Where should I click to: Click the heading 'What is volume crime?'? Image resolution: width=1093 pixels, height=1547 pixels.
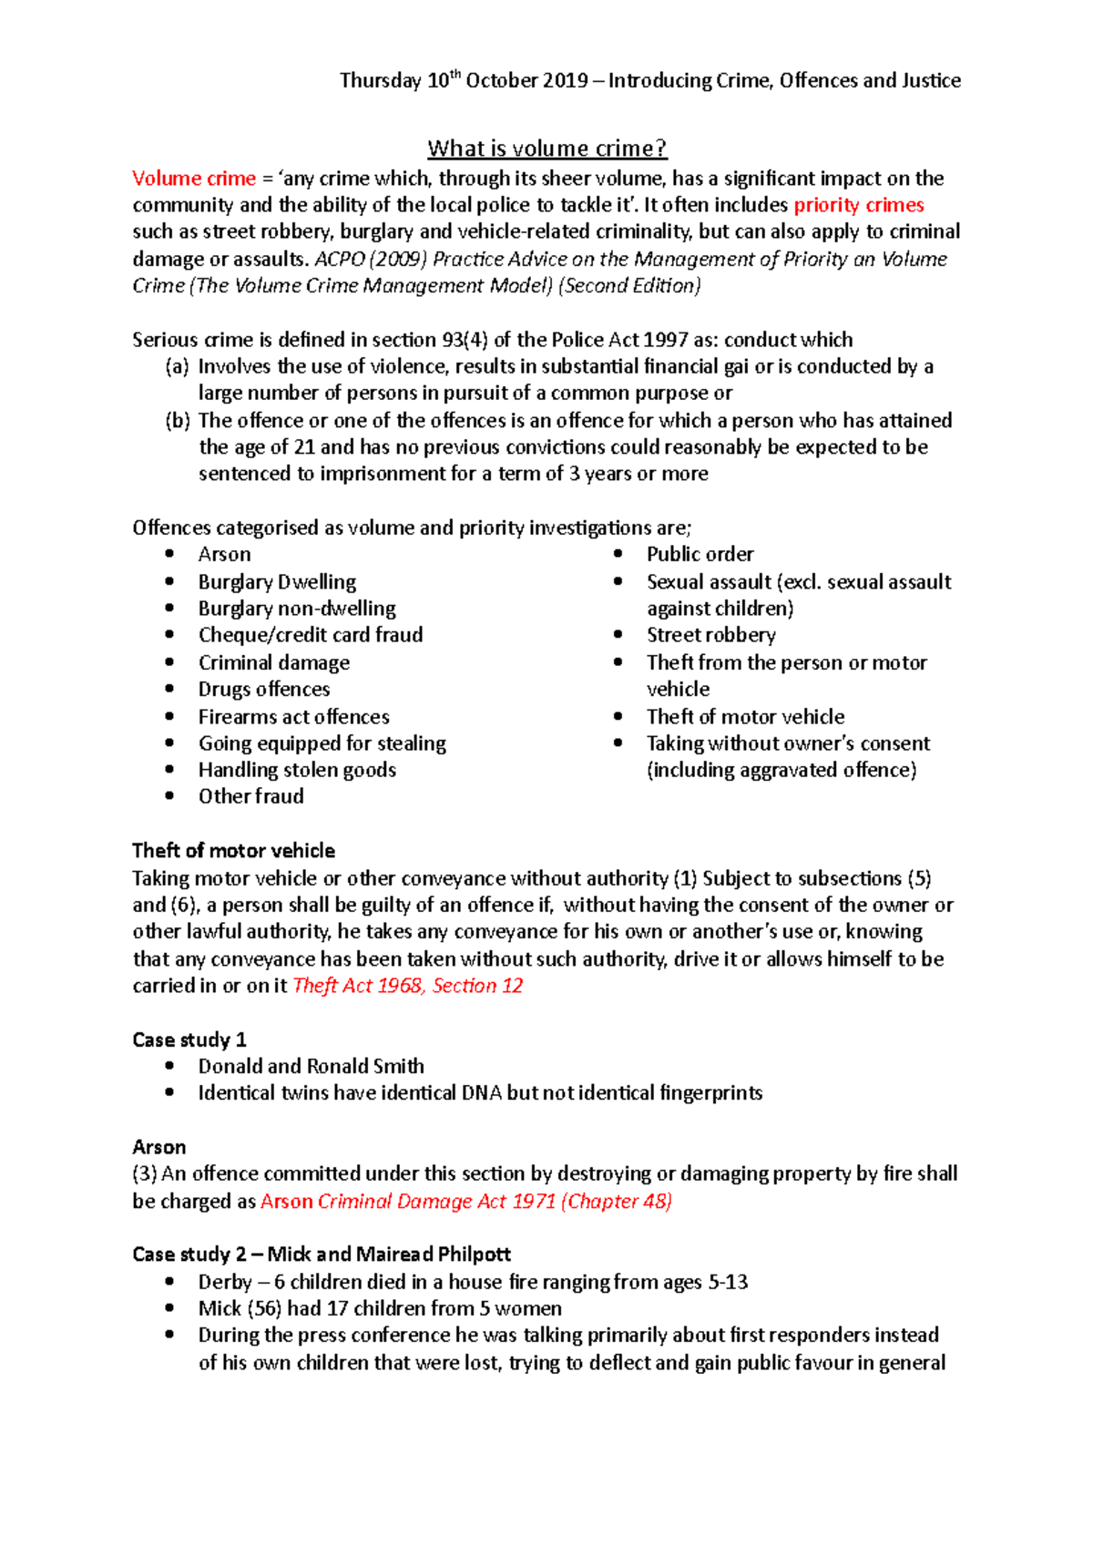click(546, 149)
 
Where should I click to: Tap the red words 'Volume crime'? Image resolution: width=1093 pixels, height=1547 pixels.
click(193, 179)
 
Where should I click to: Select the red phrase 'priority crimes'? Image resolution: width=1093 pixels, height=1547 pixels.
click(858, 205)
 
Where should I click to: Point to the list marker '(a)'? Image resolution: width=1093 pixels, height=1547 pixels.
click(177, 366)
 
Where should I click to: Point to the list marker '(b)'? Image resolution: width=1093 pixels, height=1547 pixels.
click(177, 420)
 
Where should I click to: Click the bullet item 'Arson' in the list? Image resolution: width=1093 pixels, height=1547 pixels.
click(224, 555)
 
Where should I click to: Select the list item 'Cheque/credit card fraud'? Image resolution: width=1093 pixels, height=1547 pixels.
click(310, 635)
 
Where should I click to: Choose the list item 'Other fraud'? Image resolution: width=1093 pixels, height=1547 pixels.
click(250, 796)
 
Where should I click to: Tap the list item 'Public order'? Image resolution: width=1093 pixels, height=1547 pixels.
click(700, 555)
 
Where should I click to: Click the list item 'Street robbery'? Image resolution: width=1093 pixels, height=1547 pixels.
click(710, 635)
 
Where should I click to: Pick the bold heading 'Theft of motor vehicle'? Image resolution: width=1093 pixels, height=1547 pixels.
click(233, 851)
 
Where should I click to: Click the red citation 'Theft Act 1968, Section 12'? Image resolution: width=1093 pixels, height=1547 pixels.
click(407, 986)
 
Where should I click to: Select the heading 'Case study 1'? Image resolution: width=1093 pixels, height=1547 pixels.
click(189, 1040)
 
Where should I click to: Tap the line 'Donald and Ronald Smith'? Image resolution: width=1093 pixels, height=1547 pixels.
click(311, 1066)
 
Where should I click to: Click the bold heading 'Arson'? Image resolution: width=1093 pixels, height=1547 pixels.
click(158, 1147)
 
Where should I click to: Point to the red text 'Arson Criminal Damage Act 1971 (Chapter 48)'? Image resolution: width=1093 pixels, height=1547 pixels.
click(465, 1201)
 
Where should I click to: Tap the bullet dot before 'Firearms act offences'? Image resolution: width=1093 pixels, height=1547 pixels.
click(169, 716)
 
